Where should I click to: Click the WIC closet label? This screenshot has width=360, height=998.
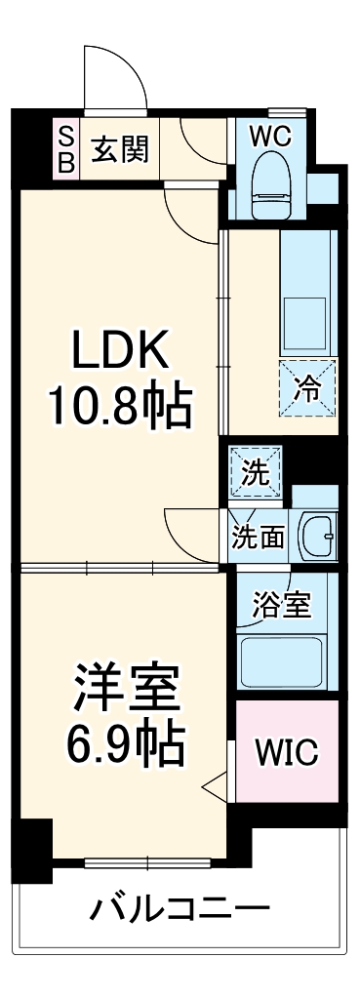coord(286,752)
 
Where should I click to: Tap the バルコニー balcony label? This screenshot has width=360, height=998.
coord(180,911)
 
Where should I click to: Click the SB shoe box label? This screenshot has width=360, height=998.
coord(65,148)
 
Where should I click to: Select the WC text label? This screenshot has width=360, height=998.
coord(270,137)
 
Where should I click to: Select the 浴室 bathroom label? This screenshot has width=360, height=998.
coord(282,605)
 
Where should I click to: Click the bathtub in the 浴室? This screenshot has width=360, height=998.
coord(283,659)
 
